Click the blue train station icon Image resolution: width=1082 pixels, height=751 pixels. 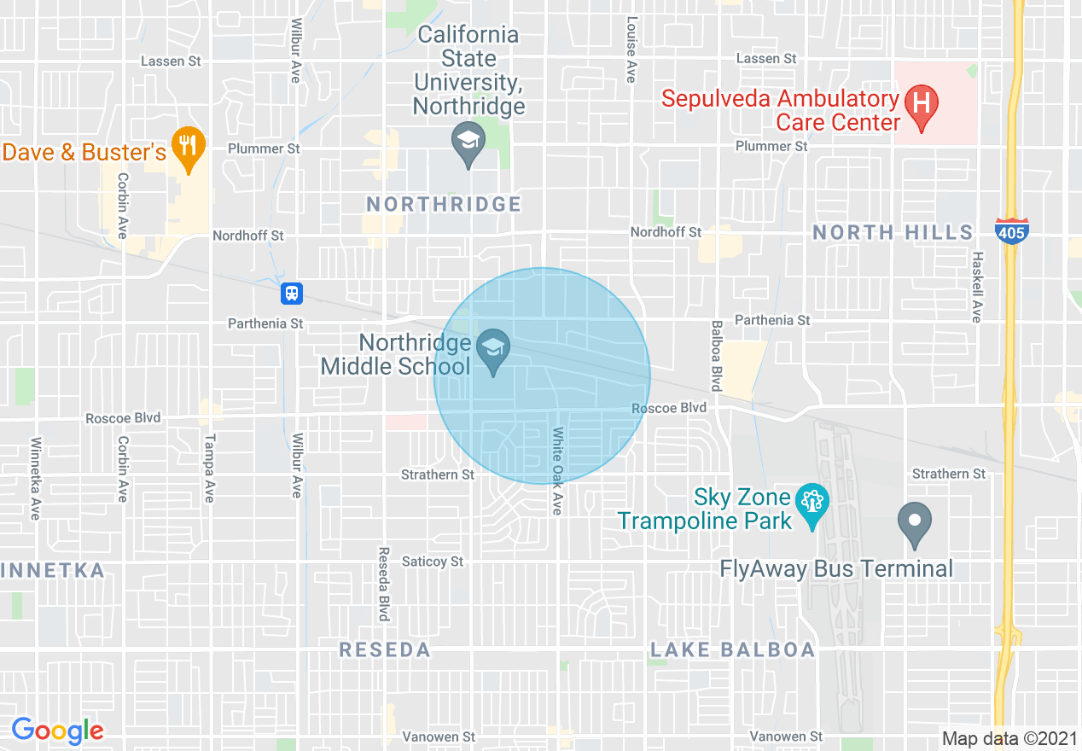(x=292, y=294)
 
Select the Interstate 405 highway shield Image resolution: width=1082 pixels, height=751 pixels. (x=1012, y=231)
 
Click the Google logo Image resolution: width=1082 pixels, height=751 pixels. (x=57, y=731)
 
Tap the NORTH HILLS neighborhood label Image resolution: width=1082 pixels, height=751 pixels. (x=893, y=232)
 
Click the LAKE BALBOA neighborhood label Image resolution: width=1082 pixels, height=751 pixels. (x=732, y=650)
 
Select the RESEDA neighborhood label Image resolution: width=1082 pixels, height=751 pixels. (x=385, y=650)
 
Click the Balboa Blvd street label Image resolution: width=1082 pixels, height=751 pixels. (x=717, y=356)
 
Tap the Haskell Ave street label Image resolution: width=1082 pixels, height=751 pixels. (x=977, y=287)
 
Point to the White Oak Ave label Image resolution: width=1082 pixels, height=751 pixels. (x=556, y=471)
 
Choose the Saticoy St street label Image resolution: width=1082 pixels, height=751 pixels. (x=433, y=562)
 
